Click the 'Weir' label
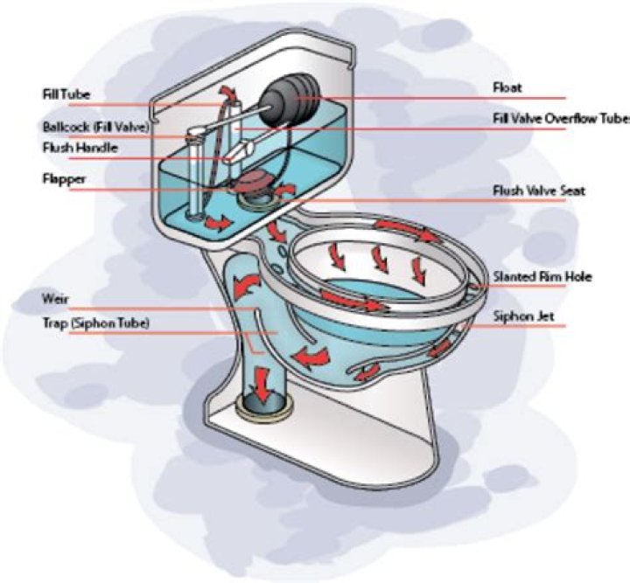53,298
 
